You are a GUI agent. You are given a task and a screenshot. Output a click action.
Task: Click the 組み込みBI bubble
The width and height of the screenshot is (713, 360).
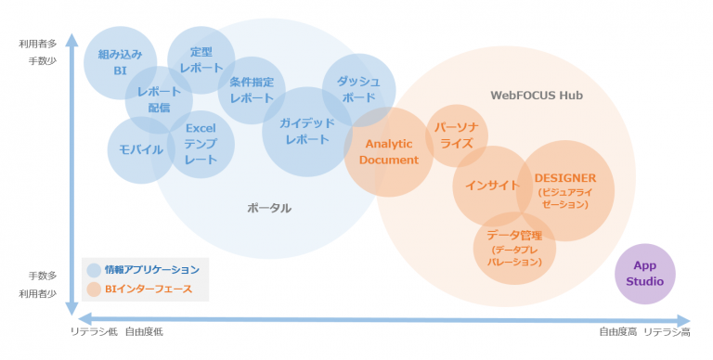(x=120, y=62)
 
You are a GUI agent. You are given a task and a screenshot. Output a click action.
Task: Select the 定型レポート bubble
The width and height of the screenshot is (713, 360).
(x=201, y=59)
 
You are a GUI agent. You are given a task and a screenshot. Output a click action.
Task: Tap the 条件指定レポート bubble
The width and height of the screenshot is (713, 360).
(x=251, y=90)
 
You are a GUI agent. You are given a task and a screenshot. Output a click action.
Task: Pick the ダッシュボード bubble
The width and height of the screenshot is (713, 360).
(x=358, y=89)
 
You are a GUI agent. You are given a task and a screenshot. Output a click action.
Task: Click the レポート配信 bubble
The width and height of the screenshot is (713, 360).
(x=159, y=100)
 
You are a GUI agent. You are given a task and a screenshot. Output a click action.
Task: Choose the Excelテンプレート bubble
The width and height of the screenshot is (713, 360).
(x=201, y=144)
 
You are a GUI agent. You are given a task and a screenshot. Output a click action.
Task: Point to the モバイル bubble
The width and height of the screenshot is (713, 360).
(x=141, y=150)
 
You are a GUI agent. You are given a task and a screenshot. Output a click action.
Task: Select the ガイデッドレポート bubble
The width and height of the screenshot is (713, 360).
(x=306, y=131)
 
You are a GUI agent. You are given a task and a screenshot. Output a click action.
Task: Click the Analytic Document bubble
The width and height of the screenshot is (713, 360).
(x=389, y=151)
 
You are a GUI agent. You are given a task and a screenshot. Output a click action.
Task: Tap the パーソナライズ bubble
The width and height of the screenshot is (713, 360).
(x=456, y=135)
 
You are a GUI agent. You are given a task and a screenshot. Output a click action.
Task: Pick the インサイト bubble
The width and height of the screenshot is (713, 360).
(x=492, y=185)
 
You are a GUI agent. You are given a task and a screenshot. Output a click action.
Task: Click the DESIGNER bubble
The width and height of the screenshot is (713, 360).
(x=564, y=190)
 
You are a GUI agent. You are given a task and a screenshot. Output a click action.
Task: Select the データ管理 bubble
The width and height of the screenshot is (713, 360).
(x=514, y=248)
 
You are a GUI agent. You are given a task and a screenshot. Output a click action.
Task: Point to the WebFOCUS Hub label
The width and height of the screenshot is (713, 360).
(x=536, y=95)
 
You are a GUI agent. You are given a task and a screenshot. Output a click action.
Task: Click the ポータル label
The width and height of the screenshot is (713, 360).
(x=269, y=208)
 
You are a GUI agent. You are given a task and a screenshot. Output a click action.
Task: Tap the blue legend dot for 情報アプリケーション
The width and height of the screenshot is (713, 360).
(x=94, y=270)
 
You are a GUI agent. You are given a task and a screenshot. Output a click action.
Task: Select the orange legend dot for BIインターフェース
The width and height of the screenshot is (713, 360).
(x=94, y=289)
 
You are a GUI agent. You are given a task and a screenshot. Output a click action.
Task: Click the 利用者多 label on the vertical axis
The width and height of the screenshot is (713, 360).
(x=38, y=44)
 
